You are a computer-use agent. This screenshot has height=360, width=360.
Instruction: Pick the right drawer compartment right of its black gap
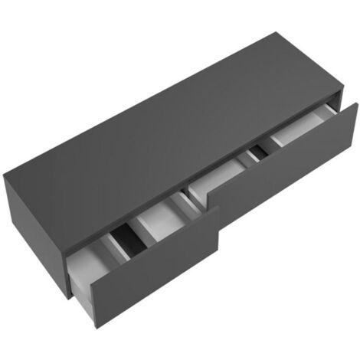[x=295, y=130]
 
